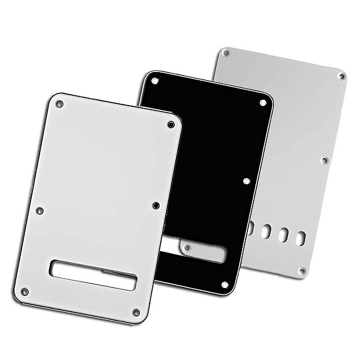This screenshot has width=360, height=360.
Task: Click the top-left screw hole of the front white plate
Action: point(59,104)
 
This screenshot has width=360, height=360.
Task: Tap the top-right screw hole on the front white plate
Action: point(171,124)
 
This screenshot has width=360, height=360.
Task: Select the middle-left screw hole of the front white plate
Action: point(39,210)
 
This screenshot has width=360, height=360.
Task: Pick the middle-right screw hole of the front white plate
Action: point(156,205)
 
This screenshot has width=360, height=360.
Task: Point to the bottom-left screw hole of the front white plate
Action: point(24,291)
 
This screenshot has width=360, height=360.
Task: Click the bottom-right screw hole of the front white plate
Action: point(136,312)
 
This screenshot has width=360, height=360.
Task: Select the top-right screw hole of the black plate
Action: point(262,103)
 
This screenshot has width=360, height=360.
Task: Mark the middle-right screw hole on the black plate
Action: point(247,181)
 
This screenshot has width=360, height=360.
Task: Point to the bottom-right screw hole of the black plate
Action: point(226,284)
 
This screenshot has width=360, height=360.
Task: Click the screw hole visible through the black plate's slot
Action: point(188,248)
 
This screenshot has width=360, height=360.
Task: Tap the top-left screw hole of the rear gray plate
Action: point(226,53)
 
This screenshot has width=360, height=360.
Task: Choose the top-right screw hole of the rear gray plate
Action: point(341,76)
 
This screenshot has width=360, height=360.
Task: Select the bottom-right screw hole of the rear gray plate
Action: point(302,271)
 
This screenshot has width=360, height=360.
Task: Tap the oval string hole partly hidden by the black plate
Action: point(250,228)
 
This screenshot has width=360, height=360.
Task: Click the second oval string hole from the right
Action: point(284,234)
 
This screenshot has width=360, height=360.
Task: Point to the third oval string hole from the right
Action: point(267,231)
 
